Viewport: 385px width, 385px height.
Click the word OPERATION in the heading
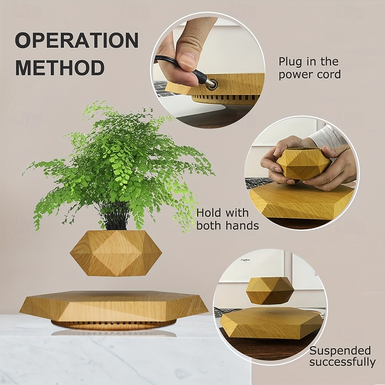pos(77,40)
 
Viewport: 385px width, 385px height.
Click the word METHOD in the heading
pos(60,67)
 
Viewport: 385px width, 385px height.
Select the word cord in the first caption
pos(328,74)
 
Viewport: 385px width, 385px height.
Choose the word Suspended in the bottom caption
pos(340,351)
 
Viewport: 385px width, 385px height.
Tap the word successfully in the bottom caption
pos(342,362)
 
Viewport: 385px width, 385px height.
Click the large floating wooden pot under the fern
pos(115,253)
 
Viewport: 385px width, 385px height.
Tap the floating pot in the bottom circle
pos(270,290)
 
